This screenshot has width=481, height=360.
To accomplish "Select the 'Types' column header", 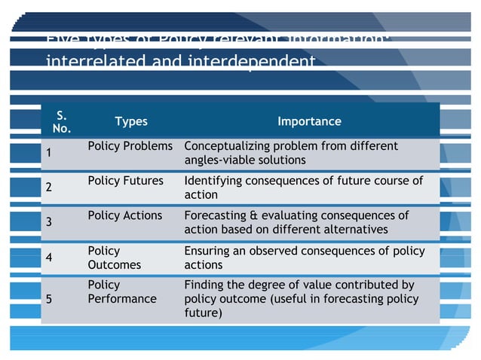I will pyautogui.click(x=131, y=122).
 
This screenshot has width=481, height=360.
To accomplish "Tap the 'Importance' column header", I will pyautogui.click(x=309, y=122).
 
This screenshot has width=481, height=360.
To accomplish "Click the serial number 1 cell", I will pyautogui.click(x=49, y=153).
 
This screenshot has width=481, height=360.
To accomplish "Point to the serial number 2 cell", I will pyautogui.click(x=49, y=188).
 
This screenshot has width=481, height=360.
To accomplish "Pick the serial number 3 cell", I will pyautogui.click(x=49, y=222).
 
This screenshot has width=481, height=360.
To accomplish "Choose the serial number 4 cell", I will pyautogui.click(x=49, y=257).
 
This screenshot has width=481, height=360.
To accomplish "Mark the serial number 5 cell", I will pyautogui.click(x=49, y=298).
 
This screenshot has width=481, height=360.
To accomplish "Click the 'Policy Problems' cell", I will pyautogui.click(x=130, y=146).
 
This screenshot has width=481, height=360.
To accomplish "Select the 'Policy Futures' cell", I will pyautogui.click(x=125, y=181).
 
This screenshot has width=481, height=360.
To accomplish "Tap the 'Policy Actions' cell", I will pyautogui.click(x=124, y=215).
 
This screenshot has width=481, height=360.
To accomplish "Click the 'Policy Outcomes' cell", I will pyautogui.click(x=114, y=258).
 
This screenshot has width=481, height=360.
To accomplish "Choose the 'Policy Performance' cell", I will pyautogui.click(x=121, y=292).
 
